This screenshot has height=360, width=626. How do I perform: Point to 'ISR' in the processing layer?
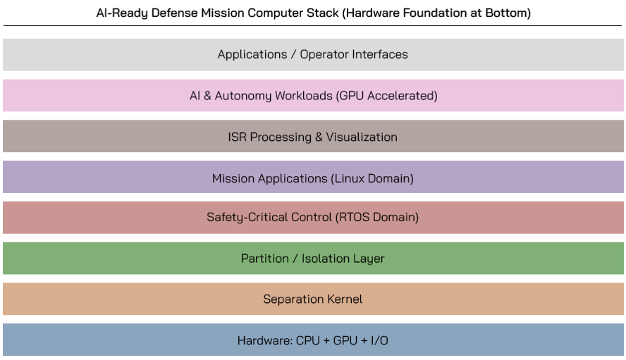pyautogui.click(x=238, y=137)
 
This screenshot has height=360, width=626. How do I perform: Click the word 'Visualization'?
pyautogui.click(x=361, y=137)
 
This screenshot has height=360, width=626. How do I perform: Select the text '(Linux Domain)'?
pyautogui.click(x=372, y=178)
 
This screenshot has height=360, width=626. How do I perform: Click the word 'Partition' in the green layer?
pyautogui.click(x=264, y=259)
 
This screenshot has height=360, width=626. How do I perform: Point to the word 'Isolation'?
pyautogui.click(x=327, y=259)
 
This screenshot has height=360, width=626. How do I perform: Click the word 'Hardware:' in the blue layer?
pyautogui.click(x=264, y=341)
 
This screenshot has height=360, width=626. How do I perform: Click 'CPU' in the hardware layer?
pyautogui.click(x=308, y=341)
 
